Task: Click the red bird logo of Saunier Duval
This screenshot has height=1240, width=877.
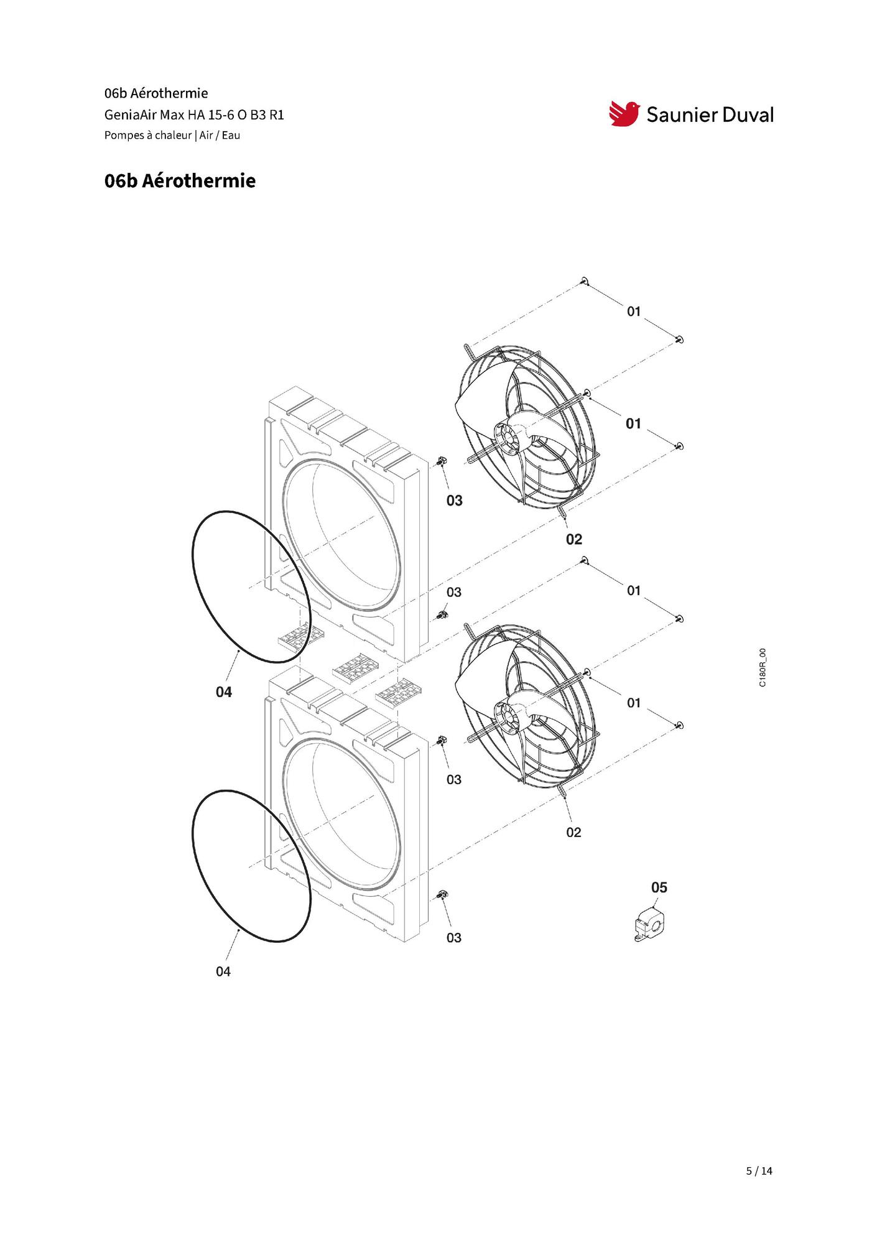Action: [x=624, y=114]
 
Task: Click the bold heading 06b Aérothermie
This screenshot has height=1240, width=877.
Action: [x=180, y=181]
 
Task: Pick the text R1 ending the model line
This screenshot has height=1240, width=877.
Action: [x=276, y=115]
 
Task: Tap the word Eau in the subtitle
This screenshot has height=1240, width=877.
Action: [x=231, y=135]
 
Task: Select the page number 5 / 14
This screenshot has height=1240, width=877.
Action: [x=759, y=1171]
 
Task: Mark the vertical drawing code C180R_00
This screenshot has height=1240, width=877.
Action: [x=763, y=667]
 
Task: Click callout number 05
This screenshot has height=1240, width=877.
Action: [x=659, y=887]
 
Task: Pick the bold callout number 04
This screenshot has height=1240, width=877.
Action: [x=224, y=692]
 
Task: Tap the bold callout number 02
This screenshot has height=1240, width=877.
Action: [x=574, y=539]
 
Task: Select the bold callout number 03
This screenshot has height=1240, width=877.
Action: [x=455, y=501]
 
